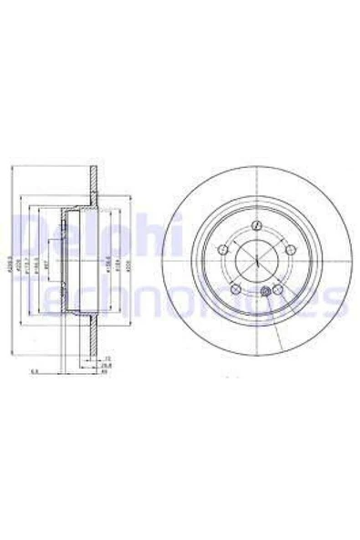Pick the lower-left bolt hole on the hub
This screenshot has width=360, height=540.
pos(237,291)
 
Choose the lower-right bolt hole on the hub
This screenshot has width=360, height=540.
pos(278,291)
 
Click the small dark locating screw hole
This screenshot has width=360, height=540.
pos(265,292)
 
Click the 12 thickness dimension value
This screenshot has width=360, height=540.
pos(107,358)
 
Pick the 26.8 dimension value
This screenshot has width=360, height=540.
pos(107,366)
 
